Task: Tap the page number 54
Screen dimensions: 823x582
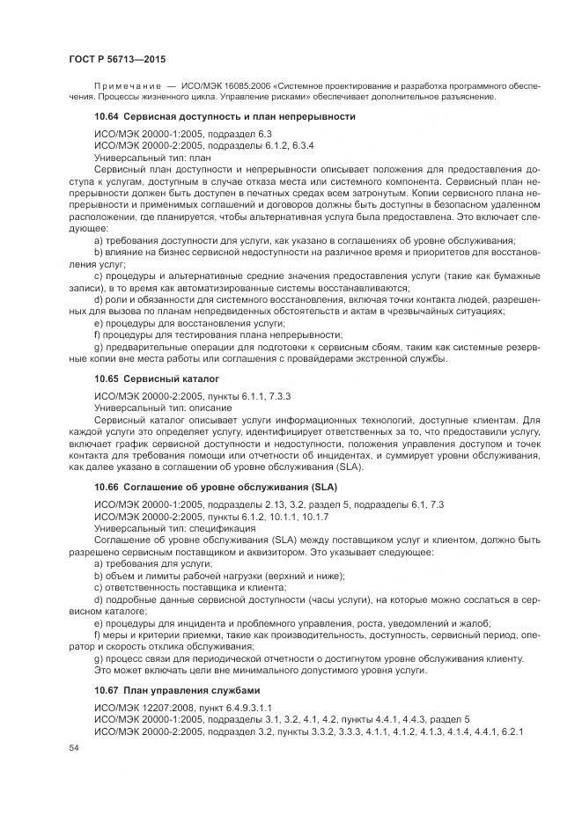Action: click(73, 747)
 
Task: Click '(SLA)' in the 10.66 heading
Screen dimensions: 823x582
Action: click(320, 487)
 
